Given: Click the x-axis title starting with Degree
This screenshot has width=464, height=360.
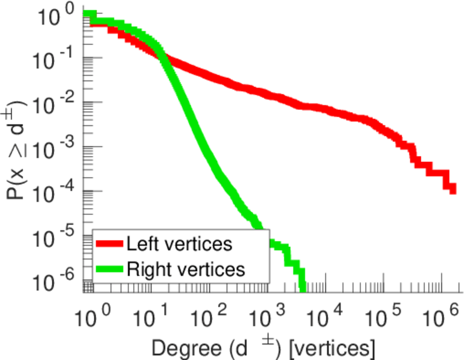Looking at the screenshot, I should (x=264, y=346).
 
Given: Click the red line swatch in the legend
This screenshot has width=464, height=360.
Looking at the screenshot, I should (x=109, y=245).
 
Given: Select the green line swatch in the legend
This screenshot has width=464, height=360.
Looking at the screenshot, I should (x=109, y=269).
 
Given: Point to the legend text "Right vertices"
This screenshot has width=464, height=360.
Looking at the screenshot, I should (x=186, y=269).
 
